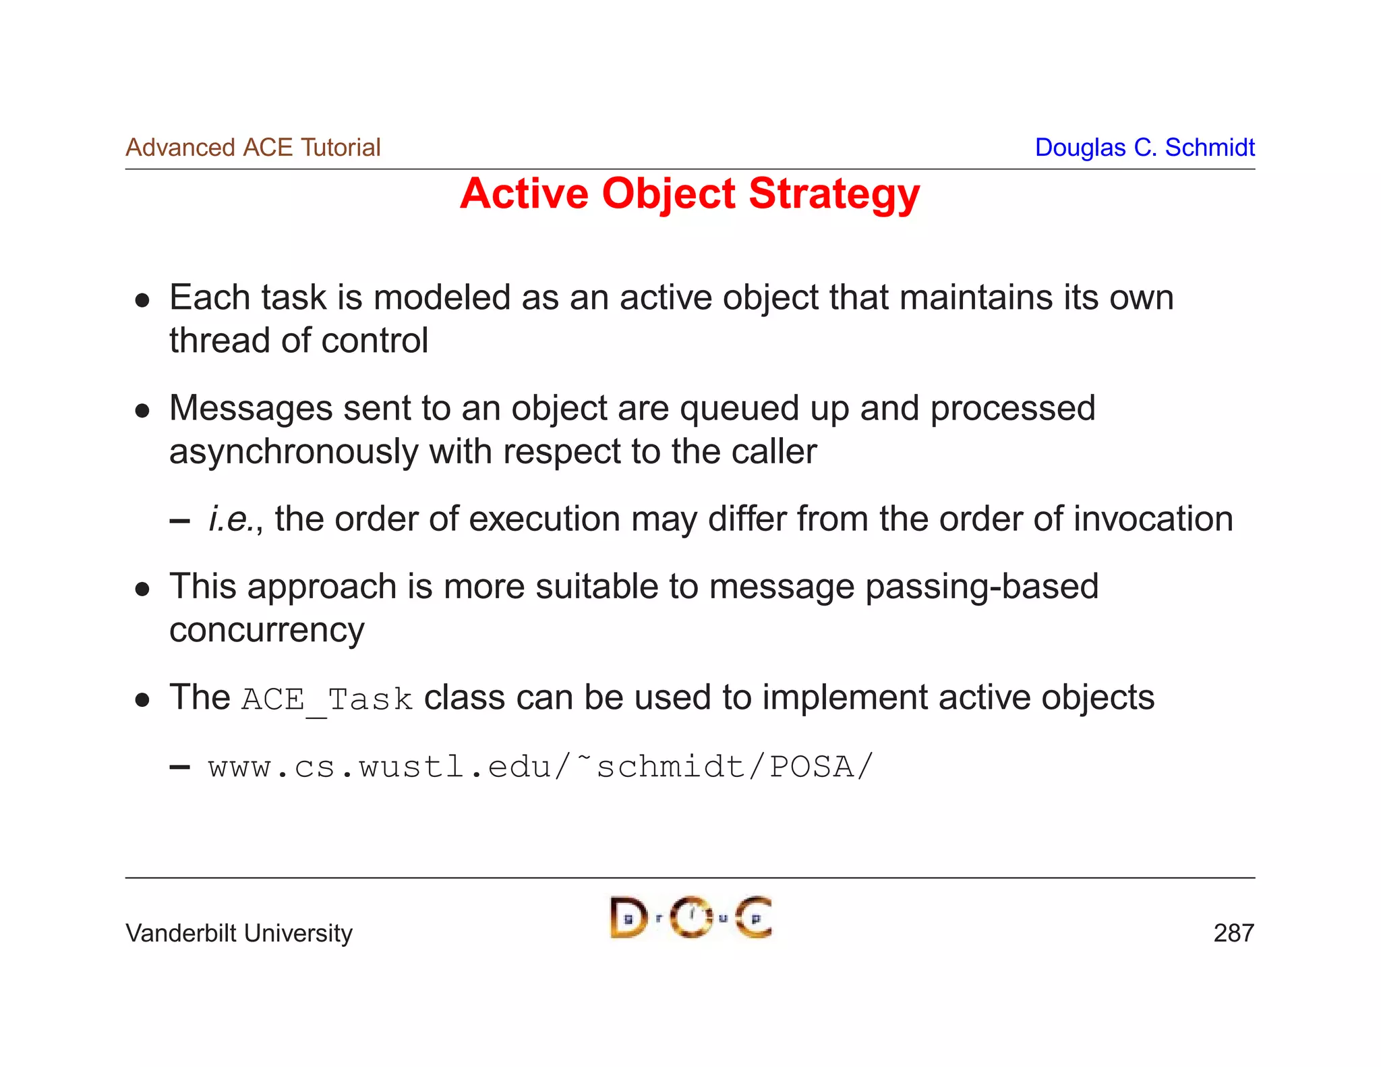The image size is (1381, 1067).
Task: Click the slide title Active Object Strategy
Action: pyautogui.click(x=689, y=194)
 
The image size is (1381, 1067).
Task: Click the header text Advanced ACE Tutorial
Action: pyautogui.click(x=253, y=148)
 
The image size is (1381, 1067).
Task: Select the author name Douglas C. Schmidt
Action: pyautogui.click(x=1144, y=148)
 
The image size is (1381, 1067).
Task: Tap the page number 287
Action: pyautogui.click(x=1233, y=933)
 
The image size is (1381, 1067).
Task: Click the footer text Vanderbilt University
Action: pyautogui.click(x=239, y=933)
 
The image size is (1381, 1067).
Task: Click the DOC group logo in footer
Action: pyautogui.click(x=690, y=917)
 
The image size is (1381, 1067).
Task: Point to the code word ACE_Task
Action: pyautogui.click(x=327, y=699)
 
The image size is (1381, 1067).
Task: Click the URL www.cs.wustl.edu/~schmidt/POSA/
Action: pyautogui.click(x=540, y=768)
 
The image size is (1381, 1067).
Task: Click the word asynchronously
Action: pyautogui.click(x=293, y=451)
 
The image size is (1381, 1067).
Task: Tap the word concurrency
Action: pyautogui.click(x=266, y=630)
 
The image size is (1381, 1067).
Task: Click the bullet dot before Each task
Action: pyautogui.click(x=142, y=300)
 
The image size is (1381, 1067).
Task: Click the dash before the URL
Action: pyautogui.click(x=179, y=768)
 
